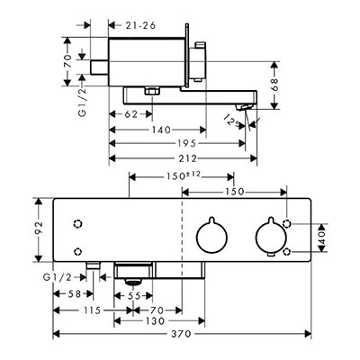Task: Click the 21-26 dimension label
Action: [x=140, y=26]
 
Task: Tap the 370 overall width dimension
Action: [x=182, y=334]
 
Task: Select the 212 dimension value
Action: [x=188, y=158]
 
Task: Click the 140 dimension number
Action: [x=161, y=130]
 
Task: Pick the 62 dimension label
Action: [x=130, y=114]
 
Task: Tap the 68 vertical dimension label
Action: [x=274, y=85]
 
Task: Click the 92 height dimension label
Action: [x=39, y=229]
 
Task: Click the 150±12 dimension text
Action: [x=183, y=175]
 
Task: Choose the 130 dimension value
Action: [x=156, y=321]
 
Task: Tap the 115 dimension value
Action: [x=92, y=310]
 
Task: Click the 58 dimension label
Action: [x=74, y=294]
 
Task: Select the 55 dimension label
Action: [x=134, y=296]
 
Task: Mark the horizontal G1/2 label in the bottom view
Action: [x=58, y=277]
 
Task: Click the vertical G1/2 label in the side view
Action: [x=82, y=101]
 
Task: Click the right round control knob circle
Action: [x=271, y=237]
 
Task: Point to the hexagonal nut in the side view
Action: [x=152, y=91]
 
